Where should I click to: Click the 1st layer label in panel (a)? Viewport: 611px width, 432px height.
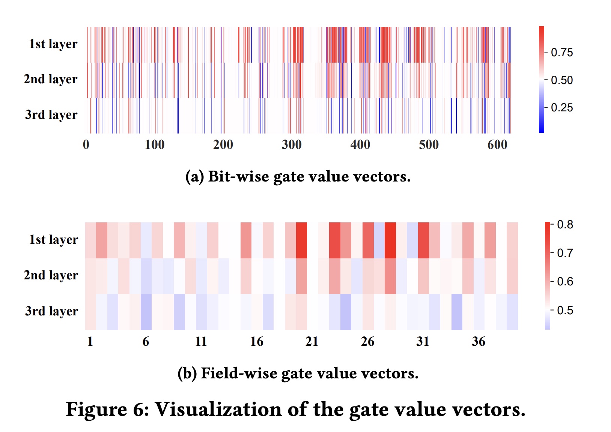53,44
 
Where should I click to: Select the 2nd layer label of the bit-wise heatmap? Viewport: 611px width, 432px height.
50,79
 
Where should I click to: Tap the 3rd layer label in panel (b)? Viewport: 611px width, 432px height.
51,311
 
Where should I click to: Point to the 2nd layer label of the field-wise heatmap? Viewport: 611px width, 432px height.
51,275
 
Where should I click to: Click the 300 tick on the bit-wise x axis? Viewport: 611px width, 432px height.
292,145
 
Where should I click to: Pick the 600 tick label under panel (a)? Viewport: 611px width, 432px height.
497,145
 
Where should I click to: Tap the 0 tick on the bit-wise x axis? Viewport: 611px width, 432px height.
86,145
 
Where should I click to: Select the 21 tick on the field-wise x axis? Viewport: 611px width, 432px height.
312,341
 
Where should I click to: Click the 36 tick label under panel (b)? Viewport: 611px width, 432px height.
479,341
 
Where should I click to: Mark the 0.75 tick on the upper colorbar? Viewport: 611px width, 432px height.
561,52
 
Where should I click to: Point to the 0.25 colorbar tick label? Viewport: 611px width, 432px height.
561,108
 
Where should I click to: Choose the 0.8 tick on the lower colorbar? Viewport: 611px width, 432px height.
565,225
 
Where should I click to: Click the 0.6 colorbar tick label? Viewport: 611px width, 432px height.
565,282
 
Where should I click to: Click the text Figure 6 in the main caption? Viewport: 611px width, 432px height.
107,409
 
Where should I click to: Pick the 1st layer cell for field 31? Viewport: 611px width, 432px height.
423,240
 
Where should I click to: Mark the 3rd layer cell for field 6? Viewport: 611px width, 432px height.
146,312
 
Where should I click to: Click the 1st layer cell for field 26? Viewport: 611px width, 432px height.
368,240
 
